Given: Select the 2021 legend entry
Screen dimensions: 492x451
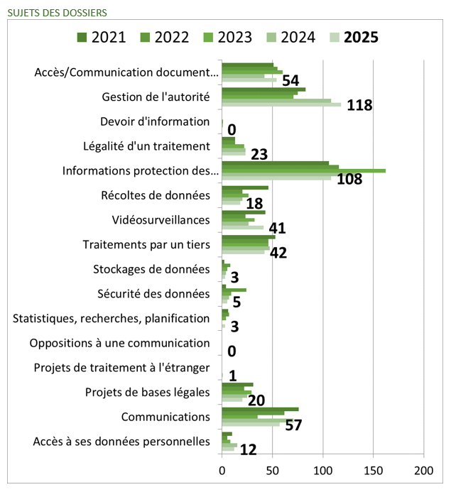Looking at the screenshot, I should pyautogui.click(x=100, y=38).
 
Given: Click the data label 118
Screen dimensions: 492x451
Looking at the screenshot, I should pyautogui.click(x=359, y=106).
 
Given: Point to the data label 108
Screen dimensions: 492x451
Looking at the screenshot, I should pyautogui.click(x=349, y=179).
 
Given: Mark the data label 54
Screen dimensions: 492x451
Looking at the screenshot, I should pyautogui.click(x=292, y=81).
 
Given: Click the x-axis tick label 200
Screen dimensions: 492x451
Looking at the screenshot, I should pyautogui.click(x=424, y=470).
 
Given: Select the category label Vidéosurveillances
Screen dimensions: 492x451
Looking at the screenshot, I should pyautogui.click(x=161, y=220).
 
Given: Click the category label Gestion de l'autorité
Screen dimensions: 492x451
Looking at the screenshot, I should pyautogui.click(x=156, y=97).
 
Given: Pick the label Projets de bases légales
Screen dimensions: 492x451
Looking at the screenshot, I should pyautogui.click(x=148, y=392).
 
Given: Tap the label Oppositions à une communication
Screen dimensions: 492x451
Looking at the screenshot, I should pyautogui.click(x=120, y=343).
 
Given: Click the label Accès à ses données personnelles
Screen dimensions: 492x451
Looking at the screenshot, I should pyautogui.click(x=121, y=442).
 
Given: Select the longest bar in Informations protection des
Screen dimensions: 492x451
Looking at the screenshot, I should pyautogui.click(x=303, y=170).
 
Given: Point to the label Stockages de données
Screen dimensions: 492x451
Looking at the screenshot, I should pyautogui.click(x=151, y=269).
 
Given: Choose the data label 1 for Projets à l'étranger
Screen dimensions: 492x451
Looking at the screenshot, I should pyautogui.click(x=232, y=376).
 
